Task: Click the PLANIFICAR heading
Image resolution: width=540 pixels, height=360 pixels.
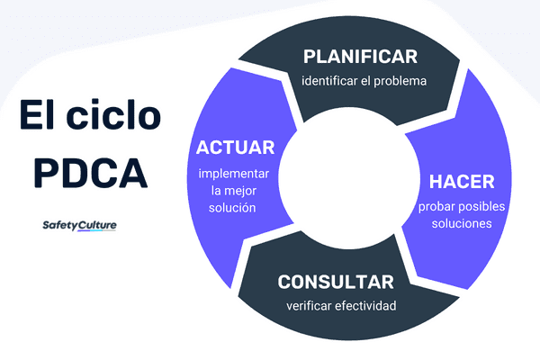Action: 360,56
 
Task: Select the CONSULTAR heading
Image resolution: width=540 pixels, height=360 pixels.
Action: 335,281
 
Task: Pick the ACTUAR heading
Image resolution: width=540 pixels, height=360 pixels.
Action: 235,147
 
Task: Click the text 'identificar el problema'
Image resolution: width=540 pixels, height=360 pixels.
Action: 363,82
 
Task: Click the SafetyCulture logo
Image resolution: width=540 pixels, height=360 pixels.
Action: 79,225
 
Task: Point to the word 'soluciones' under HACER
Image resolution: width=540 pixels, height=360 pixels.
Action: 461,223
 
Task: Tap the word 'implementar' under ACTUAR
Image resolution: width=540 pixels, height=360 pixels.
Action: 235,173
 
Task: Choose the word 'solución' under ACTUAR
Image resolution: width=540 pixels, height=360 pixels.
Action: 235,208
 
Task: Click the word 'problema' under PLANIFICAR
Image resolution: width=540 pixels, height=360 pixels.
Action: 399,82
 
